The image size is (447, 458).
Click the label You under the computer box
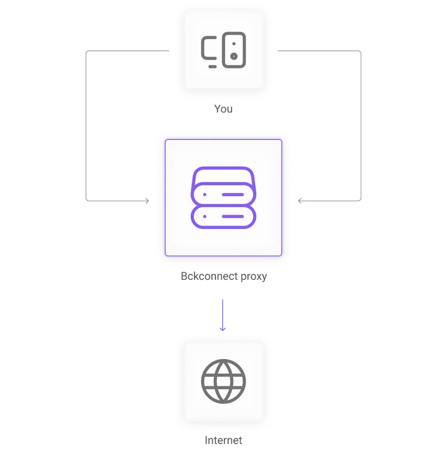(x=223, y=109)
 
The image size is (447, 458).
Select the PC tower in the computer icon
(x=234, y=50)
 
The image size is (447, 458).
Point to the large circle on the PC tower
(x=234, y=56)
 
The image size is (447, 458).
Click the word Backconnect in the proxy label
(x=207, y=277)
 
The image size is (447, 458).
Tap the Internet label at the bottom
(x=223, y=440)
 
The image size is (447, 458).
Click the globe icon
(x=223, y=381)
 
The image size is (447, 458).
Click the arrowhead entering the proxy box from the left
(x=147, y=201)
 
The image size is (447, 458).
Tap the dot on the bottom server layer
(x=205, y=216)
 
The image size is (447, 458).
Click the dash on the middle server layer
(x=233, y=195)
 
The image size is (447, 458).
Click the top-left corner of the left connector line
(x=87, y=51)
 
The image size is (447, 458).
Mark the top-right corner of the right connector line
(x=360, y=51)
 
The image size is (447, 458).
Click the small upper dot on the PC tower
(x=234, y=44)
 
